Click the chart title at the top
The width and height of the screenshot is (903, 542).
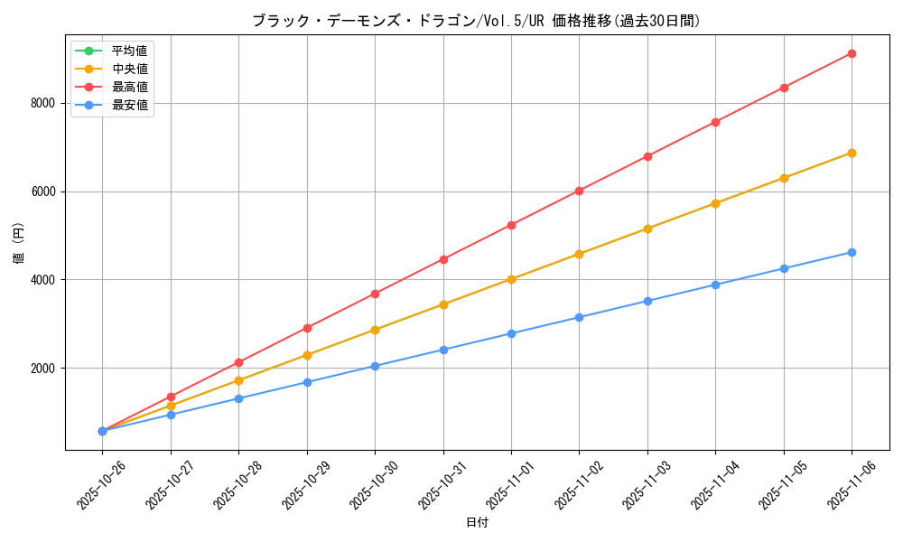[476, 21]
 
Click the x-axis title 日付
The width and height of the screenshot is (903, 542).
[476, 522]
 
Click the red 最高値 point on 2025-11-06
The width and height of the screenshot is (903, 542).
[852, 53]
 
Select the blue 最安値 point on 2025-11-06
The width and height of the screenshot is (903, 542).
[852, 252]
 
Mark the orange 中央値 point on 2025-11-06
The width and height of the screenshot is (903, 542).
[852, 153]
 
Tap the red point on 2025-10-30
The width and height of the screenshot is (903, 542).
[375, 294]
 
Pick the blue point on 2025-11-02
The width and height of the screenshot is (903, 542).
[579, 317]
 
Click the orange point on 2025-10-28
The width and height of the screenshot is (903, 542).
[238, 380]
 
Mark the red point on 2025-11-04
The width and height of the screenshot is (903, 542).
[715, 122]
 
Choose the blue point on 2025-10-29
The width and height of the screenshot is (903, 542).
[307, 382]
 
